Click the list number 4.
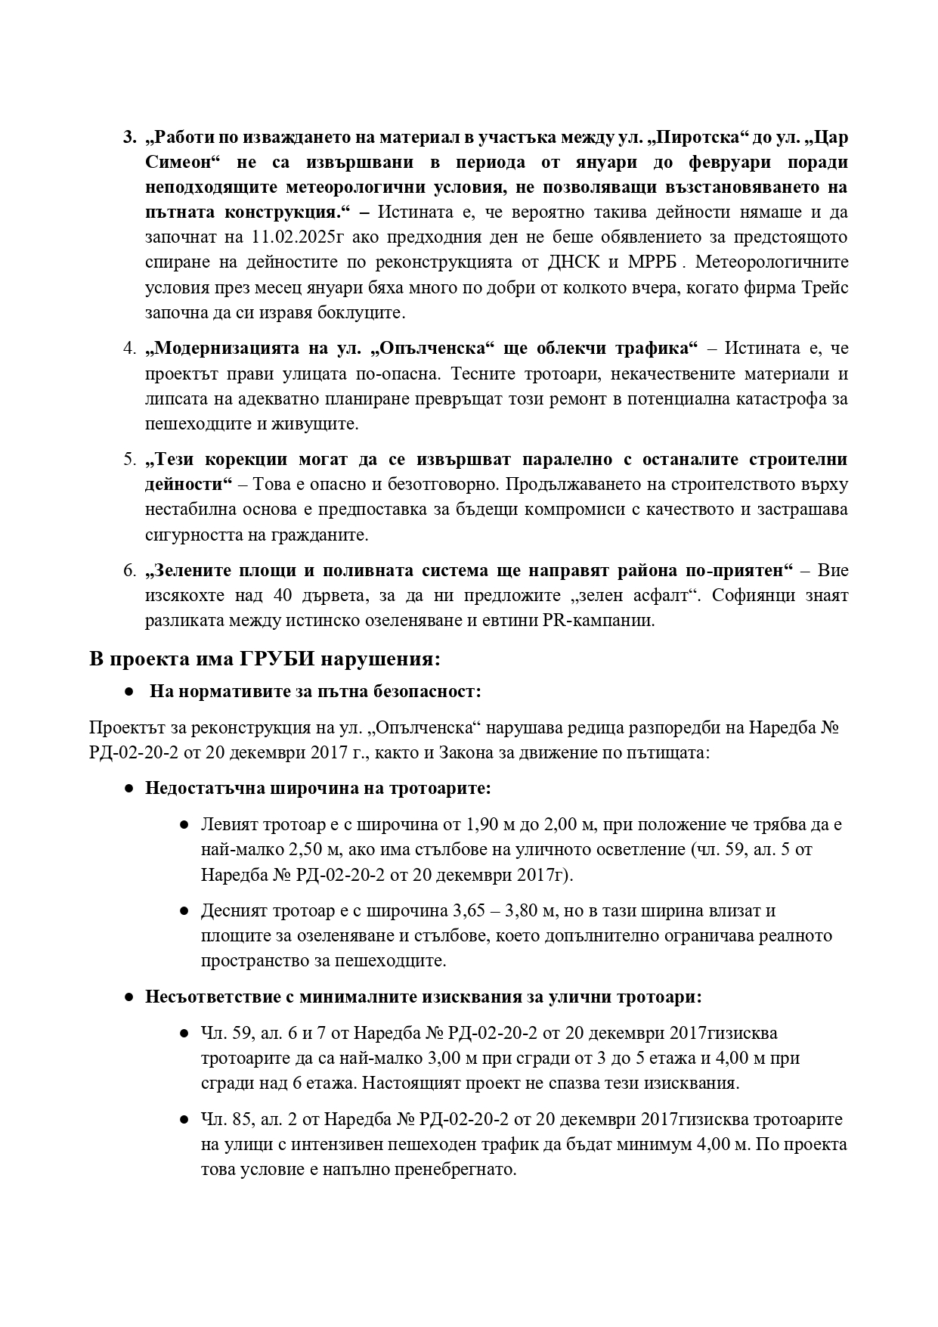click(x=128, y=349)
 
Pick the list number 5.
click(x=128, y=460)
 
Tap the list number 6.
click(x=128, y=570)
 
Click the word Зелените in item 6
click(x=181, y=570)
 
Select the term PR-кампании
click(x=592, y=621)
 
